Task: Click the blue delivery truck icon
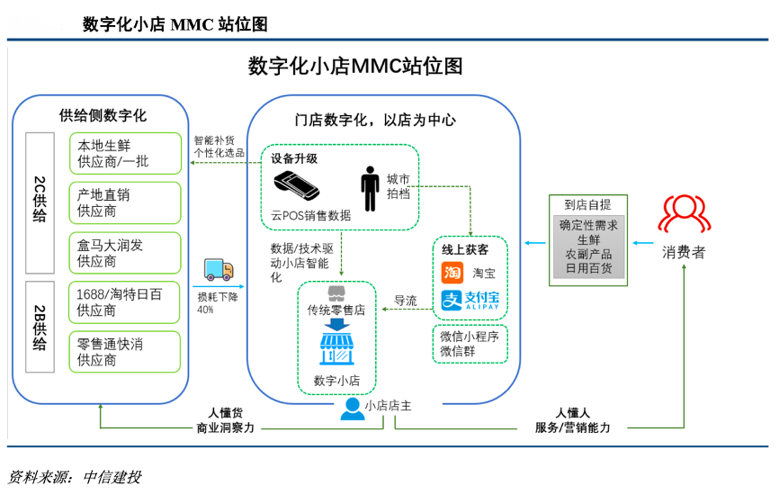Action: [x=219, y=270]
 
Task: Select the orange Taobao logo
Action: [x=452, y=273]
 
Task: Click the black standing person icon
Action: [x=370, y=188]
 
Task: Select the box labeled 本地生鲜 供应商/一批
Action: [x=125, y=154]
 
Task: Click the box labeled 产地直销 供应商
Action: [x=125, y=202]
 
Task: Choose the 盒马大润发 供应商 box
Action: [x=125, y=253]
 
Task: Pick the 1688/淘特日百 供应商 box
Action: [x=125, y=302]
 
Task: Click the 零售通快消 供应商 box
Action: [x=125, y=352]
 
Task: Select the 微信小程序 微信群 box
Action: [x=470, y=343]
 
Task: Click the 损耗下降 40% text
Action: [x=218, y=302]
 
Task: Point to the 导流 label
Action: [x=406, y=301]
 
